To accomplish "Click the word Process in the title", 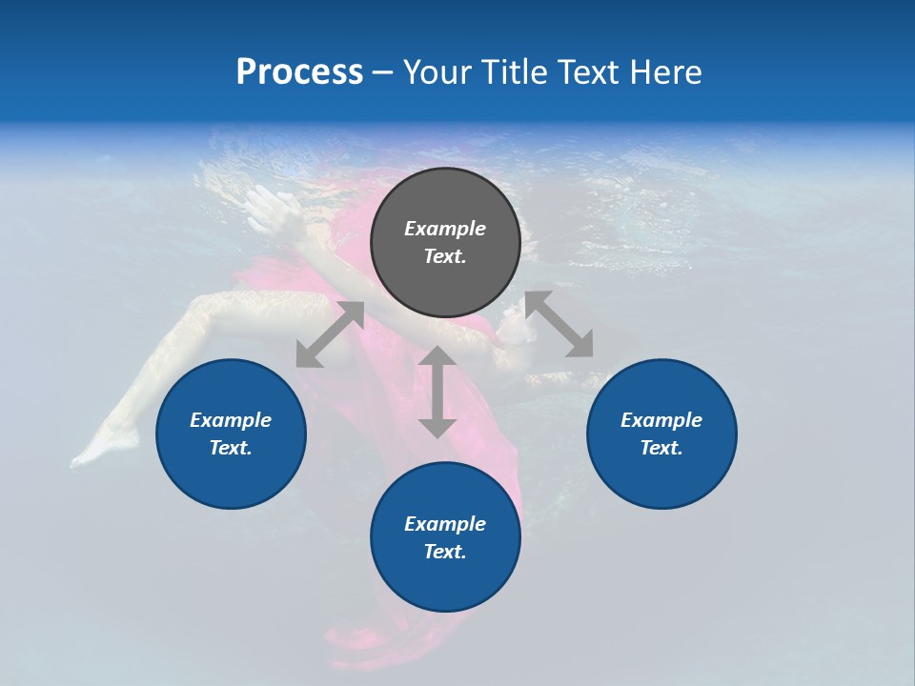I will click(299, 72).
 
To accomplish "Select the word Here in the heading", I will click(666, 72).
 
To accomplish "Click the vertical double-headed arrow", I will click(437, 392).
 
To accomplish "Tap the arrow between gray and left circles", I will click(330, 334).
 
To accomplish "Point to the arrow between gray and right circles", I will click(559, 324).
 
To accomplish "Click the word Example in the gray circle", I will click(445, 229).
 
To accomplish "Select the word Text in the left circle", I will click(231, 448).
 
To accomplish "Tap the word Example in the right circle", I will click(661, 420).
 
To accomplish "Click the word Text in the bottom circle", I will click(445, 552).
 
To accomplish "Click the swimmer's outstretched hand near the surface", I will click(262, 203).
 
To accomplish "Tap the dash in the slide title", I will click(382, 72).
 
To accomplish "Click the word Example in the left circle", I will click(231, 420).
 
